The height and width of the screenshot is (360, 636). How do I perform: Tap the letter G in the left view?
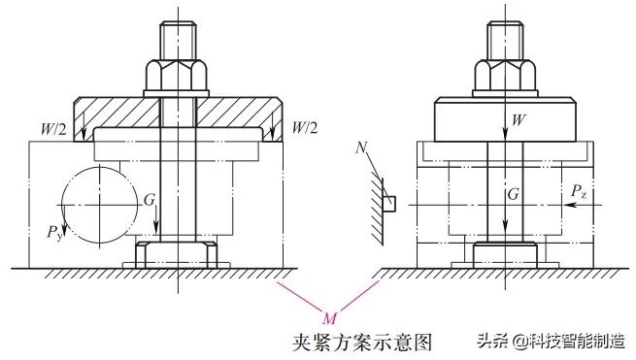[x=149, y=198]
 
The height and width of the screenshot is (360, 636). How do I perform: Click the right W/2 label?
[x=305, y=127]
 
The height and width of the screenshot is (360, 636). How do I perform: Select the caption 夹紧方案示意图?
[x=360, y=341]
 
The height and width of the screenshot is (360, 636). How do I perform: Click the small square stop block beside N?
[x=390, y=204]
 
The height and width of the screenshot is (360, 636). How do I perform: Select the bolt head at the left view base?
[x=178, y=254]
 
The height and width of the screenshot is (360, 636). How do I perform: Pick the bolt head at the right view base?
[x=504, y=255]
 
